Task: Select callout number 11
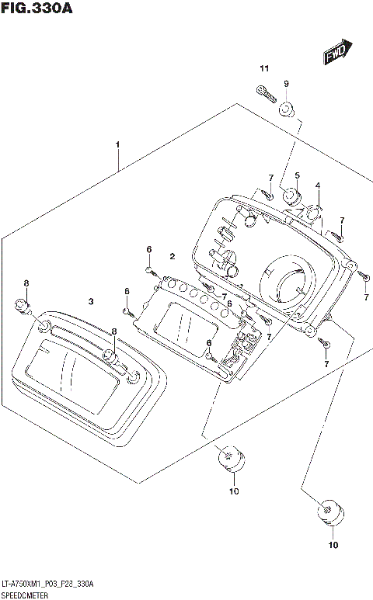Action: pos(263,70)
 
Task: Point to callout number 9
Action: pos(286,84)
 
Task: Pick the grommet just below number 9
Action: pos(287,109)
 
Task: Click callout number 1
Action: pos(117,145)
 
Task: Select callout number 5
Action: pos(297,175)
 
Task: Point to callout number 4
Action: pos(317,186)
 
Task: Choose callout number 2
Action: pos(173,255)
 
